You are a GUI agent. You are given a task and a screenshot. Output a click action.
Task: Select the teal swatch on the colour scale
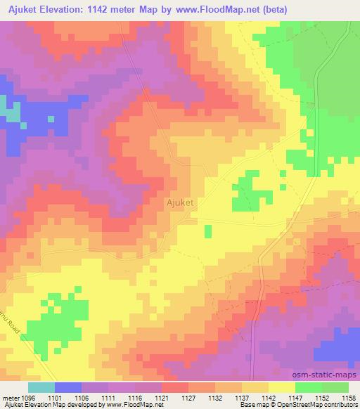point(41,387)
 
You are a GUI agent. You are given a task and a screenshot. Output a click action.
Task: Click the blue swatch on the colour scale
point(68,387)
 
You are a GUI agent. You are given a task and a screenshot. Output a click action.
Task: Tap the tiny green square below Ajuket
point(207,231)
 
